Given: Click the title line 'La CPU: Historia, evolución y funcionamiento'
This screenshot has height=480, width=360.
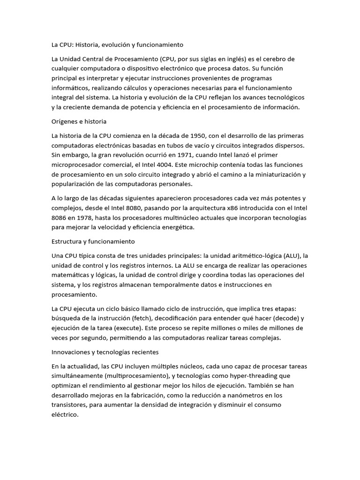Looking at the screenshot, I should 117,45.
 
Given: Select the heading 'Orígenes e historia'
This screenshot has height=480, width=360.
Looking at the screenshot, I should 79,121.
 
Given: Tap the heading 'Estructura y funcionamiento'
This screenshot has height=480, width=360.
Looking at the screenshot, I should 93,241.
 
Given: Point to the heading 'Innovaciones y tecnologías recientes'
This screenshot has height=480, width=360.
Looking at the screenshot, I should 105,352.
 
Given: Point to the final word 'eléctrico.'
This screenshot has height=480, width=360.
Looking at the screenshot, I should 66,414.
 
